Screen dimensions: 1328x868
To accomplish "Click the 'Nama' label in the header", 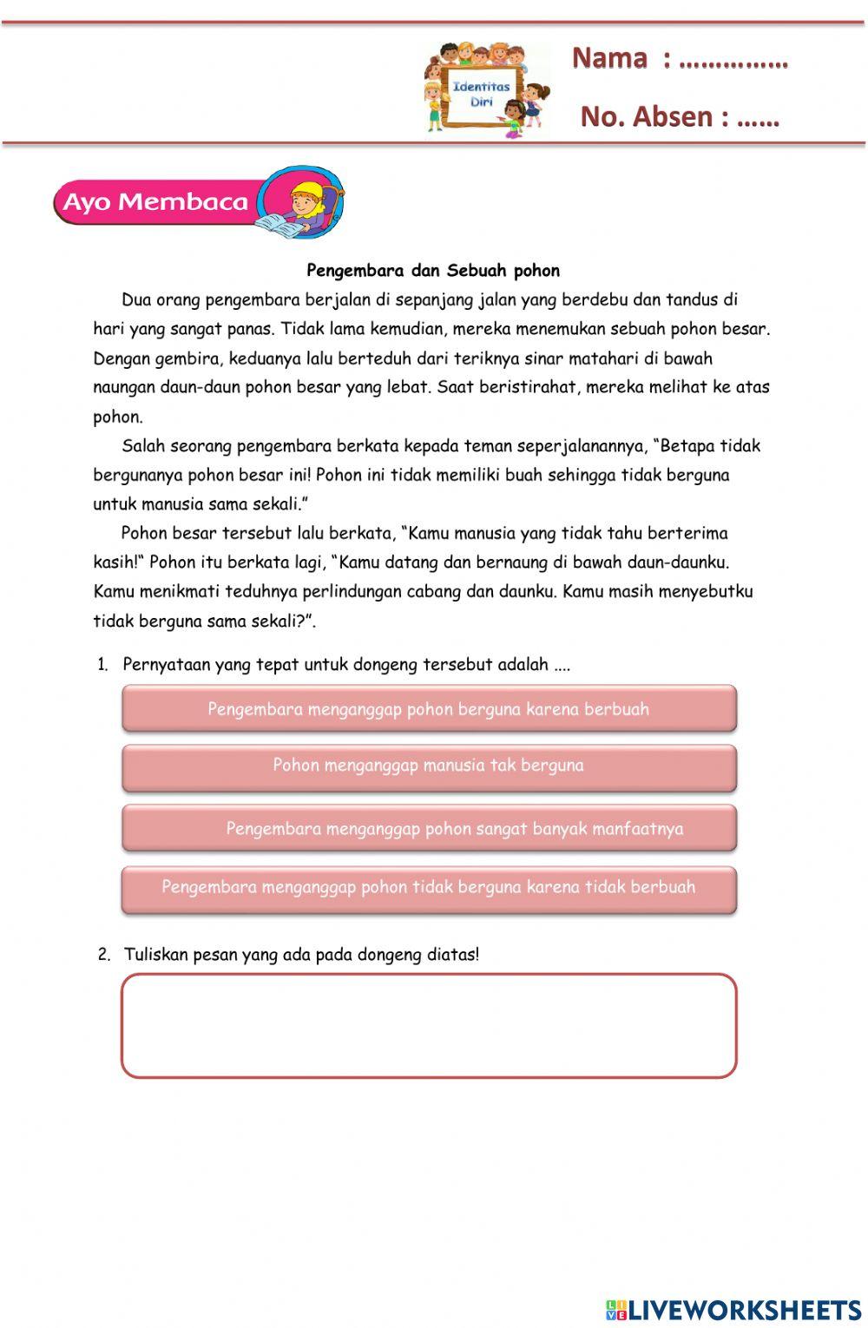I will [x=609, y=58].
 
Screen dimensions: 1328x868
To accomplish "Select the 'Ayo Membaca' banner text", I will [x=156, y=202].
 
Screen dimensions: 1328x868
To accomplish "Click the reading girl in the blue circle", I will [x=303, y=205].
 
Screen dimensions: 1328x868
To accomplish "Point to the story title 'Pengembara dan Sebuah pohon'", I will [x=433, y=271].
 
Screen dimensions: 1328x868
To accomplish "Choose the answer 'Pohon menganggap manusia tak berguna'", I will [x=429, y=766].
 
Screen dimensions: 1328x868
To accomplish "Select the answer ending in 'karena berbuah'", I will [x=429, y=709].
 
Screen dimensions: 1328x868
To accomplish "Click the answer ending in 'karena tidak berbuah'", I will [x=429, y=888].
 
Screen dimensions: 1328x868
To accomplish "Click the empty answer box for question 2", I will [x=429, y=1026].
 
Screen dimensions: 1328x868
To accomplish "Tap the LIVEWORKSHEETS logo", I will [x=733, y=1310].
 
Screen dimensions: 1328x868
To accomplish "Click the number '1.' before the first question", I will [x=102, y=666].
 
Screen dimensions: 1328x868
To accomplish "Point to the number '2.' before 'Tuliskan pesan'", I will [x=104, y=955].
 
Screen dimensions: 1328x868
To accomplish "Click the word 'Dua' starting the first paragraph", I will [x=136, y=300].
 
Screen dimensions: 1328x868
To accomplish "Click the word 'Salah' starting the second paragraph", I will [x=143, y=446].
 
